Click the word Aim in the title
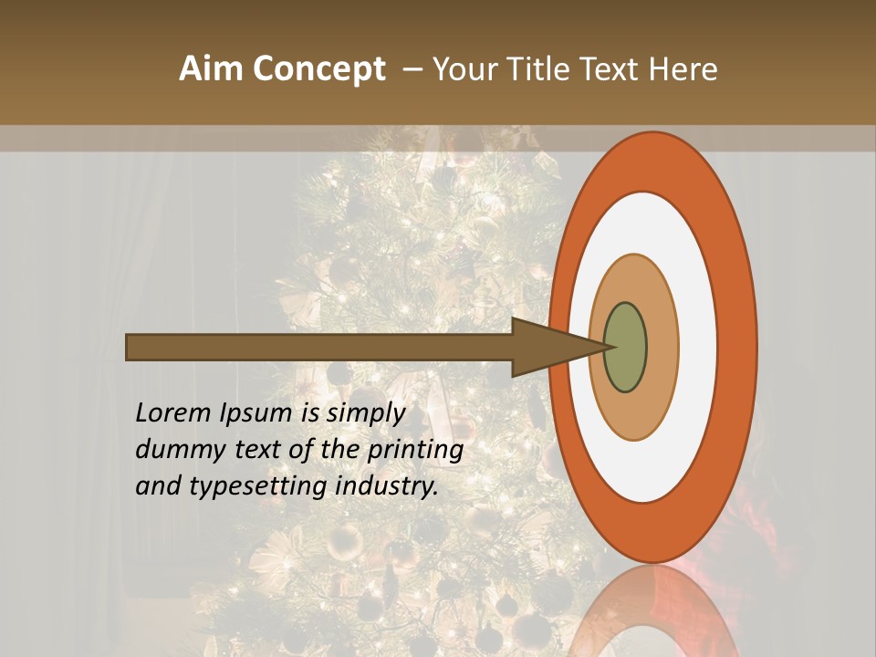tap(212, 69)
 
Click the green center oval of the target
tap(625, 347)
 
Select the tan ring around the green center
tap(662, 347)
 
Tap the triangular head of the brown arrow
tap(547, 347)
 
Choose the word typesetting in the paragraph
tap(257, 487)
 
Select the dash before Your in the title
tap(412, 70)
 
